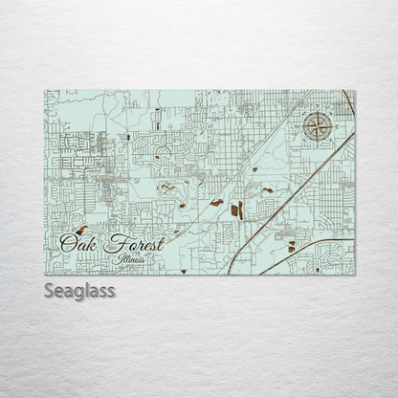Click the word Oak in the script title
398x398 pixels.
click(79, 243)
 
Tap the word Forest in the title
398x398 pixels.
click(133, 243)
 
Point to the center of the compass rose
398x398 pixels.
click(319, 125)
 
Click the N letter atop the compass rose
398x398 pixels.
click(319, 108)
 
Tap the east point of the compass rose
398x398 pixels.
click(334, 125)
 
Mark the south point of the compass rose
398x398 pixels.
click(319, 142)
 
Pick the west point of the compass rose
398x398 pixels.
click(303, 125)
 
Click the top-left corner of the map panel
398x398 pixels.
click(45, 91)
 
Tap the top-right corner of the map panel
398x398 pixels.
click(355, 91)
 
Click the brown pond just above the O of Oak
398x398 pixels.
click(82, 230)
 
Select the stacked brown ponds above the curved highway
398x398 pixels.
click(292, 246)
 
